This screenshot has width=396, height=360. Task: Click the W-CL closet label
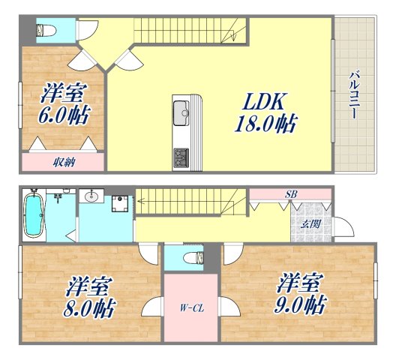(x=190, y=307)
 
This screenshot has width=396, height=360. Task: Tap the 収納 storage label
(x=63, y=161)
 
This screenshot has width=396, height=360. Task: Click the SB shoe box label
(x=289, y=195)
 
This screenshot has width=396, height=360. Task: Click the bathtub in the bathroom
(x=32, y=215)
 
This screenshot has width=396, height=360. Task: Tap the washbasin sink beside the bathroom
(x=93, y=198)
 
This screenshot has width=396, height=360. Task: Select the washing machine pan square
(x=119, y=205)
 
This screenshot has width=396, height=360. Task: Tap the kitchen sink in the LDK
(x=181, y=115)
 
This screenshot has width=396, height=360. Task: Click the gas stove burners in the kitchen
(x=181, y=157)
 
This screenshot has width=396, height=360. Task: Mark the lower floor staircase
(x=191, y=202)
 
